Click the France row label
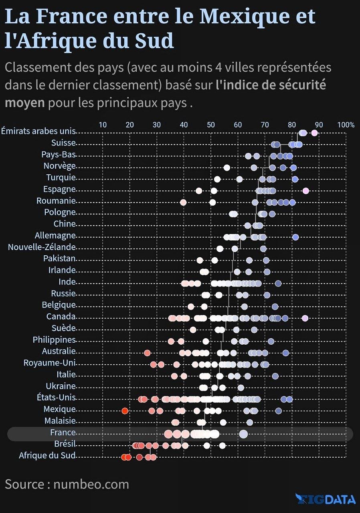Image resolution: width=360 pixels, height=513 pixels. [63, 432]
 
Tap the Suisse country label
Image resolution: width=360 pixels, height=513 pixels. [63, 143]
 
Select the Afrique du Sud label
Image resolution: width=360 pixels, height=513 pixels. [47, 455]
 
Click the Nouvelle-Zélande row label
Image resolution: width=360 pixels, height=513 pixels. [42, 247]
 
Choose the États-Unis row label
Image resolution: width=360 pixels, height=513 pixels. [55, 398]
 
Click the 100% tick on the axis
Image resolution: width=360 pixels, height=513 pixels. [346, 125]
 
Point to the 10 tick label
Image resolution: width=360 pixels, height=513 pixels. [103, 125]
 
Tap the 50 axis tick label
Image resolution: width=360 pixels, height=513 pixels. [210, 125]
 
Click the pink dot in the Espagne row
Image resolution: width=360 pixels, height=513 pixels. [306, 190]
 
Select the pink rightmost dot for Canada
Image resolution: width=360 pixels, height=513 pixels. [305, 318]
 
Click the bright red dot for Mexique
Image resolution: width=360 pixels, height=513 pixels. [125, 411]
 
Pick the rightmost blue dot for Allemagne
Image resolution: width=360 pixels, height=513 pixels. [295, 237]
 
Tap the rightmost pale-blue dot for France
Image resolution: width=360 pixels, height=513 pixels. [243, 434]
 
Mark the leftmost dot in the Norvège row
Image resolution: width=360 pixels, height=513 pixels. [227, 168]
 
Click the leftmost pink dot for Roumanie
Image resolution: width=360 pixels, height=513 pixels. [183, 202]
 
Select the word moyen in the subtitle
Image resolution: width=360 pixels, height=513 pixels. [24, 103]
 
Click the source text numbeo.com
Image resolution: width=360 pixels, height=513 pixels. [91, 484]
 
